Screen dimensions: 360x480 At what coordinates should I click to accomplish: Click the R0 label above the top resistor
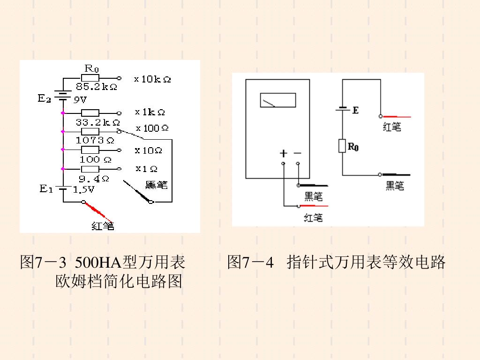coord(91,68)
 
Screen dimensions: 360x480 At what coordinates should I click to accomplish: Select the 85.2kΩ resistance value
coord(96,87)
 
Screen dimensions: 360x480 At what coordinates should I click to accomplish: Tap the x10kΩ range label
coord(152,79)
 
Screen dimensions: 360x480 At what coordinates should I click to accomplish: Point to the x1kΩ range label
coord(150,112)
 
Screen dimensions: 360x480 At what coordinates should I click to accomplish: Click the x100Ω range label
coord(152,128)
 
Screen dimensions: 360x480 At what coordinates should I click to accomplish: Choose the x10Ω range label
coord(148,150)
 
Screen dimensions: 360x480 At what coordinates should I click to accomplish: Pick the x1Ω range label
coord(146,168)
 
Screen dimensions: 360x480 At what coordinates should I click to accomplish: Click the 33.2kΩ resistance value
coord(97,122)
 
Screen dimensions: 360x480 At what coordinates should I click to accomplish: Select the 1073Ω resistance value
coord(95,140)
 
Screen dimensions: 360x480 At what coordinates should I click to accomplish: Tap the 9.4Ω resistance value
coord(94,179)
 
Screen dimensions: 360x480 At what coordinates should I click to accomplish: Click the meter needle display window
coord(278,100)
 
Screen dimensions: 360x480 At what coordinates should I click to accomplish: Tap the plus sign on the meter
coord(283,153)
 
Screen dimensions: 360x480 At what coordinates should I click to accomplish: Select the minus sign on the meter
coord(298,153)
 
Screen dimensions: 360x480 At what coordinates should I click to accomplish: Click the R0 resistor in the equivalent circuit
coord(342,146)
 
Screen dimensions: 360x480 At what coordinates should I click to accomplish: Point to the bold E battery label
coord(355,110)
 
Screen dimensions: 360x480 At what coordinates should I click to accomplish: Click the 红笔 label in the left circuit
coord(103,226)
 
